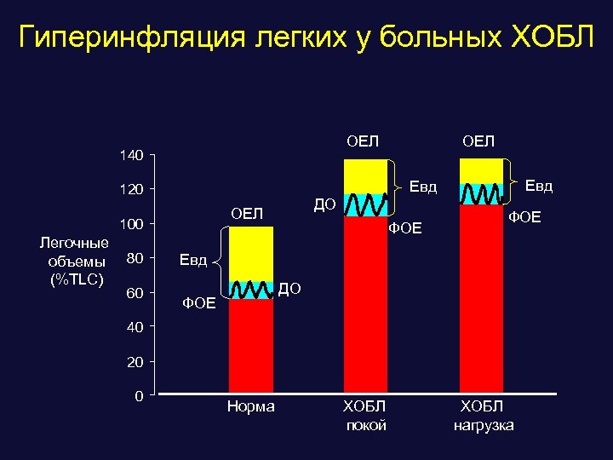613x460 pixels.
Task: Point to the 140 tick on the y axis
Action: tap(132, 154)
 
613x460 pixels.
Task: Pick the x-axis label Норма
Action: tap(251, 407)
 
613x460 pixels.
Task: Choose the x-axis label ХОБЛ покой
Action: tap(365, 415)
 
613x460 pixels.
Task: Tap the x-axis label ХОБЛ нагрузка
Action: tap(483, 415)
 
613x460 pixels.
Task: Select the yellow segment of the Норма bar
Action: tap(251, 254)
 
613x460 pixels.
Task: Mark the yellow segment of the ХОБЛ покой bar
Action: tap(365, 176)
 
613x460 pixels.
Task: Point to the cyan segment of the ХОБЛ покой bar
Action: tap(365, 205)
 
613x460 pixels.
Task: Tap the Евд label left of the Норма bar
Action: tap(192, 260)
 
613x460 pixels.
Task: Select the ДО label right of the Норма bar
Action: tap(290, 290)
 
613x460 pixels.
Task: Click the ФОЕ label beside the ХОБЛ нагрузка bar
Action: tap(524, 218)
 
